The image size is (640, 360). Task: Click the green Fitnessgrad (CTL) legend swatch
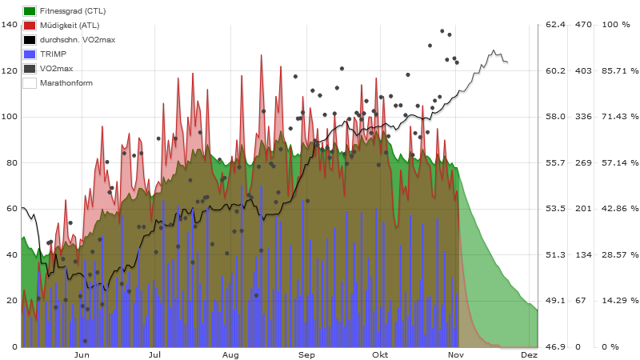(29, 11)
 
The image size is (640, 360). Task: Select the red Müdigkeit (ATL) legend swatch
(29, 26)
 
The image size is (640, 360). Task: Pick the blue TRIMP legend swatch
(29, 54)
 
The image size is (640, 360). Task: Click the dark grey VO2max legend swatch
(29, 69)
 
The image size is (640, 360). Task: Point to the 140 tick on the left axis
(10, 25)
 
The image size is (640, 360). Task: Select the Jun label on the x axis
(81, 354)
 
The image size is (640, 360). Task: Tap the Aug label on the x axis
(230, 354)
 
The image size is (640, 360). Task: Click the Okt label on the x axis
(380, 354)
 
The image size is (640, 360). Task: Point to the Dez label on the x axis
(529, 354)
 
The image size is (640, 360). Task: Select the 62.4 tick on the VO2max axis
(555, 25)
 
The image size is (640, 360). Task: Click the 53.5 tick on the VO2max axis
(555, 209)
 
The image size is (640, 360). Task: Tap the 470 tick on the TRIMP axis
(582, 25)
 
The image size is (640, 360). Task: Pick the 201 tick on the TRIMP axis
(582, 209)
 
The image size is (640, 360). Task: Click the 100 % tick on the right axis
(616, 25)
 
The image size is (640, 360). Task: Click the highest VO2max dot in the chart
(442, 31)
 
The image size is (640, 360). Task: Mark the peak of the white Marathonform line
(494, 50)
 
